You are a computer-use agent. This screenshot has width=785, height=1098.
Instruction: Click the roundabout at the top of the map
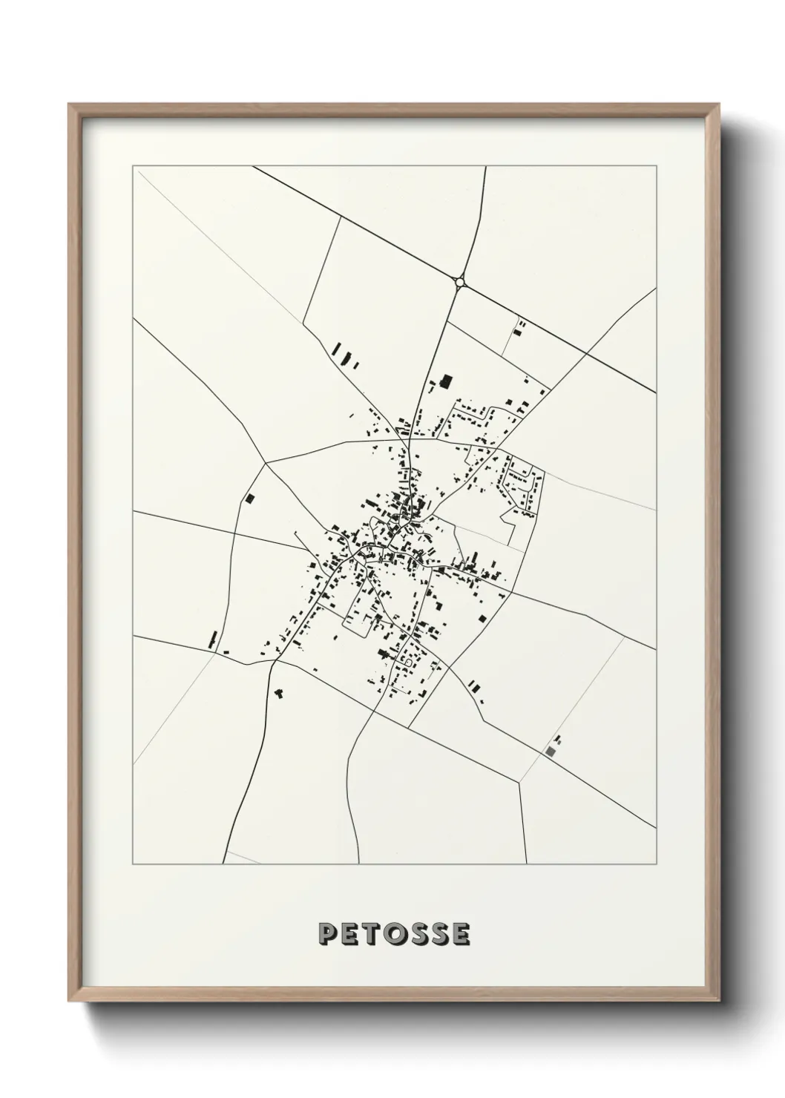[460, 281]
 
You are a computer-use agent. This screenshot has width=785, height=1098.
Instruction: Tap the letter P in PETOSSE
[327, 934]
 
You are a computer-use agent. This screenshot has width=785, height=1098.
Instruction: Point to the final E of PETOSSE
[461, 934]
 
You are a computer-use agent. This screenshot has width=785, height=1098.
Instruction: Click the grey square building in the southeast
[550, 752]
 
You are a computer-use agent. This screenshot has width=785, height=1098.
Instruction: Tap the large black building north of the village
[446, 381]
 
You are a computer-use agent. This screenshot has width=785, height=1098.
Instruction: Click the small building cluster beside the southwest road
[280, 693]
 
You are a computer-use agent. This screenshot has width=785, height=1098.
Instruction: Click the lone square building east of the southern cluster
[482, 617]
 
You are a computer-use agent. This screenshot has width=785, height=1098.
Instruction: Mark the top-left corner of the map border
[134, 167]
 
